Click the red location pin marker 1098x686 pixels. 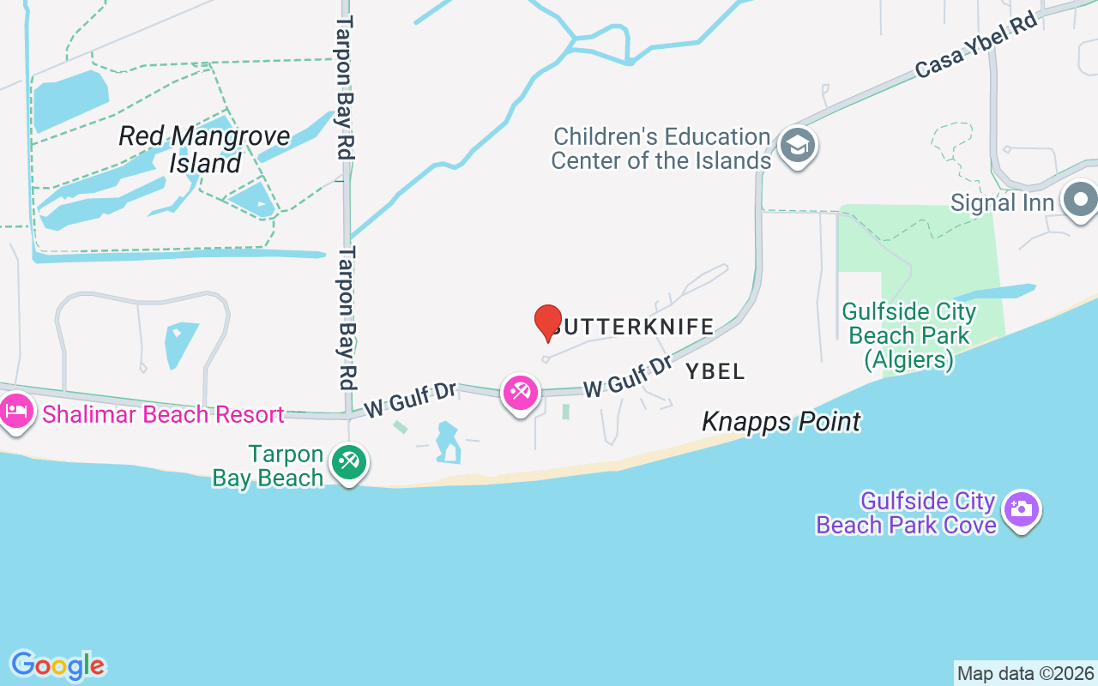tap(548, 322)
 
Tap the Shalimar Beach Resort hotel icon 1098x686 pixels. tap(16, 411)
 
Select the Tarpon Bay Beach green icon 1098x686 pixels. tap(348, 462)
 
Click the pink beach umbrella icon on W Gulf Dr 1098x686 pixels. tap(520, 393)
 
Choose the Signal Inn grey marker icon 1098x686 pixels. tap(1081, 200)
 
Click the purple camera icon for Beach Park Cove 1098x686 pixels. tap(1021, 508)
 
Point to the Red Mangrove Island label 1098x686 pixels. tap(204, 149)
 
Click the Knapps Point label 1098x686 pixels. tap(781, 422)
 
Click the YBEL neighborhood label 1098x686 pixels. tap(715, 371)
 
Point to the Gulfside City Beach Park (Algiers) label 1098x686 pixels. tap(909, 335)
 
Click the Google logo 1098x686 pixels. tap(57, 665)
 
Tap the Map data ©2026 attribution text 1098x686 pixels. tap(1025, 674)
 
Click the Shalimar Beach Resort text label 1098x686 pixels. tap(163, 415)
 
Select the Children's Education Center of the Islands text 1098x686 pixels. tap(661, 148)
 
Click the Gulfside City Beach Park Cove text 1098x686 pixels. tap(906, 513)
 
